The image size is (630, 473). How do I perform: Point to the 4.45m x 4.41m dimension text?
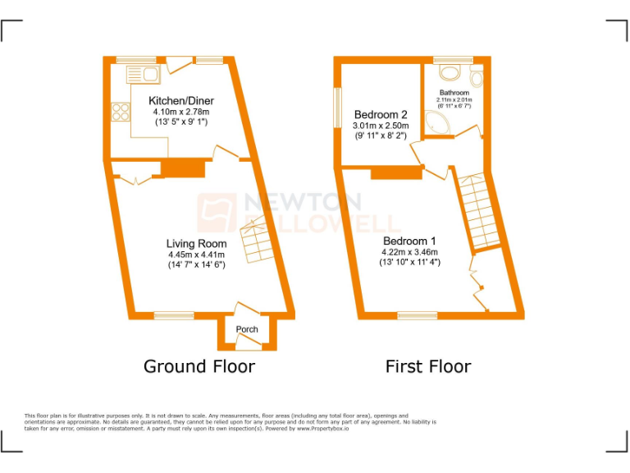point(197,255)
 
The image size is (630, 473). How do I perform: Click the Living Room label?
point(197,243)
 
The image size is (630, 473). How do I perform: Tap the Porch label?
point(247,329)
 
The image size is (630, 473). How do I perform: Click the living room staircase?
point(256,241)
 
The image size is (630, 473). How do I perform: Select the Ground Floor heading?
point(199,366)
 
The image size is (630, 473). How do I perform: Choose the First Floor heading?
point(428,366)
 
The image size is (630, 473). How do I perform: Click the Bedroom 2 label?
point(381,114)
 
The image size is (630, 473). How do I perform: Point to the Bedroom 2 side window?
point(337,108)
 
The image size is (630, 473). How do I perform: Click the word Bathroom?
point(454,93)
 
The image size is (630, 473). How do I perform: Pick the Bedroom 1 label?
point(409,241)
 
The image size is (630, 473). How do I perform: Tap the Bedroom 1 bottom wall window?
point(417,315)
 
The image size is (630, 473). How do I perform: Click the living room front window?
point(174,315)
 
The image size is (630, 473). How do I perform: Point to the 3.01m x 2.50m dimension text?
point(381,126)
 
